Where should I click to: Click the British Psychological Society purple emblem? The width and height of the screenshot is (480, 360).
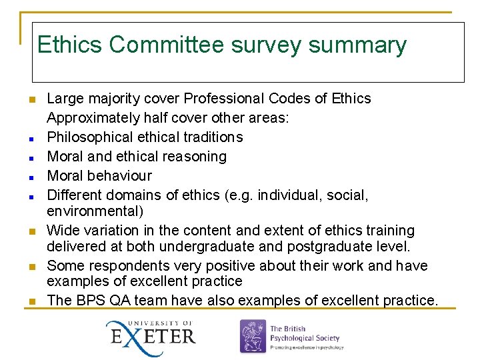tap(253, 337)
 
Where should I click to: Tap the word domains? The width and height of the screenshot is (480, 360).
tap(141, 195)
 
